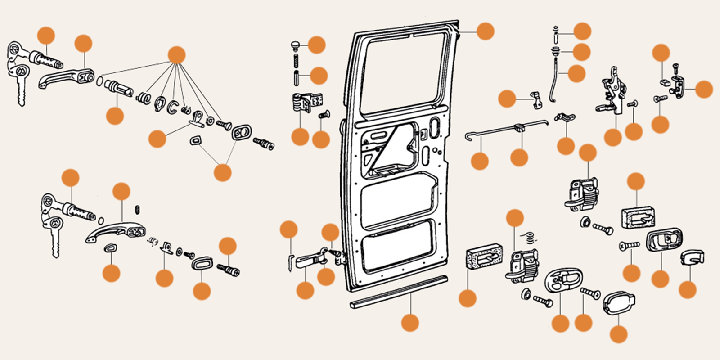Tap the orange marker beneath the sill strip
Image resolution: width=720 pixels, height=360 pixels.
point(410,323)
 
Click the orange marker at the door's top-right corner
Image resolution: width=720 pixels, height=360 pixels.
point(485,31)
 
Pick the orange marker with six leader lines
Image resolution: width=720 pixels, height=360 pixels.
point(176,55)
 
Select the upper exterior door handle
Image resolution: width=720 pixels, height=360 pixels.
point(63,79)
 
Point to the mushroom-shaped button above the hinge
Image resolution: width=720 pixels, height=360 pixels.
point(296,45)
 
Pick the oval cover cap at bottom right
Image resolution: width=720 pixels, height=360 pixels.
point(619,304)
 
